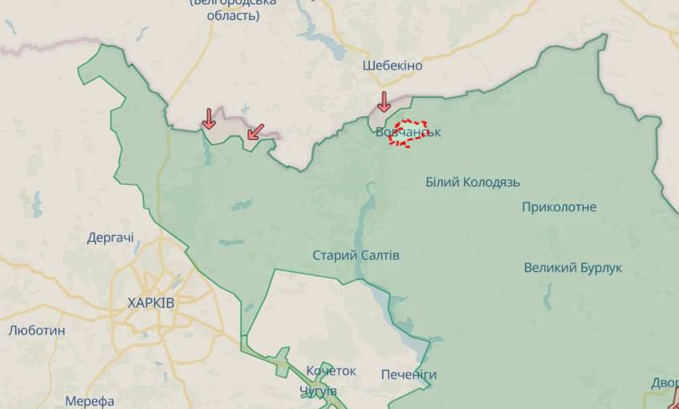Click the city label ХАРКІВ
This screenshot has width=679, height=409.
pyautogui.click(x=151, y=303)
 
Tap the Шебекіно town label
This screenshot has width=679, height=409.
pyautogui.click(x=392, y=66)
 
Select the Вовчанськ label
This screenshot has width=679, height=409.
pyautogui.click(x=408, y=132)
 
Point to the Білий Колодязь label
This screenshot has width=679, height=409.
pyautogui.click(x=472, y=182)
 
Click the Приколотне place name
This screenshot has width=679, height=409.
pyautogui.click(x=559, y=207)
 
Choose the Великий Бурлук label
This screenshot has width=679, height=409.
pyautogui.click(x=573, y=267)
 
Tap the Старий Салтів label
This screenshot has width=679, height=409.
pyautogui.click(x=356, y=255)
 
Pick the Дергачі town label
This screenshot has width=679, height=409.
pyautogui.click(x=110, y=238)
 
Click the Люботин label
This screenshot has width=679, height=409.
pyautogui.click(x=37, y=330)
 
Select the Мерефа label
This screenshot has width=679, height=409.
pyautogui.click(x=90, y=401)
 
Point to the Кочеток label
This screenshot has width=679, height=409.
pyautogui.click(x=331, y=371)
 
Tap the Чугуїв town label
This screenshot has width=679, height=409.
pyautogui.click(x=318, y=391)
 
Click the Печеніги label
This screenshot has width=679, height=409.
pyautogui.click(x=409, y=375)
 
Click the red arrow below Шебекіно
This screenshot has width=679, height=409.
pyautogui.click(x=384, y=102)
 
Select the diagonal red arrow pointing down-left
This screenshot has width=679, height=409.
pyautogui.click(x=255, y=130)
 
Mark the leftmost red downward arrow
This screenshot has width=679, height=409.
pyautogui.click(x=208, y=118)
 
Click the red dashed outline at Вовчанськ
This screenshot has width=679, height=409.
pyautogui.click(x=409, y=134)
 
